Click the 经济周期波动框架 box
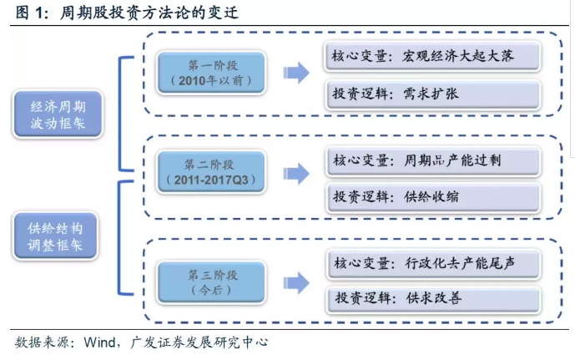[58, 114]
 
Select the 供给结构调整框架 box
[55, 236]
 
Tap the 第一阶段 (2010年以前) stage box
[211, 73]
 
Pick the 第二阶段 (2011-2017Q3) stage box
[211, 172]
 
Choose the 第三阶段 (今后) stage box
[211, 282]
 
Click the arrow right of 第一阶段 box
[296, 73]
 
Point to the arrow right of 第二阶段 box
[296, 173]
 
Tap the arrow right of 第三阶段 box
[296, 283]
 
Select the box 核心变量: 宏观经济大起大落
[432, 56]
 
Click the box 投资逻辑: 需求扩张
[433, 94]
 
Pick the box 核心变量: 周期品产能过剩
[433, 160]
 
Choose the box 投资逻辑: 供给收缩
[433, 197]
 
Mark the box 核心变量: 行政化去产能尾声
[433, 263]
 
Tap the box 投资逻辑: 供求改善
[433, 299]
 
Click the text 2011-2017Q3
[211, 180]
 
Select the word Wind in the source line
[100, 342]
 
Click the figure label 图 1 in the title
[30, 13]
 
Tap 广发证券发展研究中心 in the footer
[199, 342]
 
